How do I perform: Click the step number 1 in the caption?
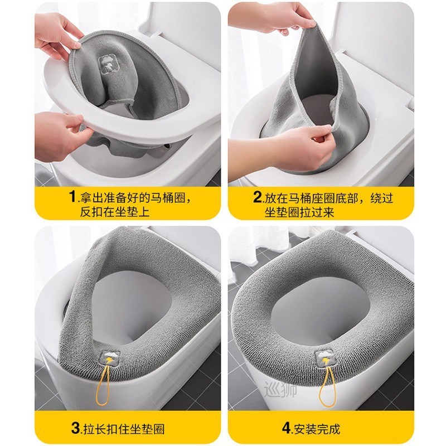[72, 197]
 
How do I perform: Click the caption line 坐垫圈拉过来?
[299, 212]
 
